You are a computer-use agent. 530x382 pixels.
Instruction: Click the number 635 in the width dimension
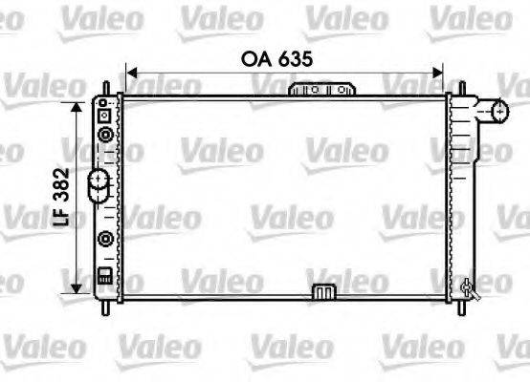[294, 58]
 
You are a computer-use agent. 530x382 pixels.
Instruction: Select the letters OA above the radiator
[252, 58]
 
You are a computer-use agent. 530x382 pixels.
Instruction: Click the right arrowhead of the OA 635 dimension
[440, 71]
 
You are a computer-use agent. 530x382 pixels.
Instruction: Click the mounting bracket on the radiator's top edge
[321, 89]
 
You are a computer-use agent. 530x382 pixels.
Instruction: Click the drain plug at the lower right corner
[468, 286]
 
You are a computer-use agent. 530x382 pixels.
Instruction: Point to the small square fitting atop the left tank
[104, 115]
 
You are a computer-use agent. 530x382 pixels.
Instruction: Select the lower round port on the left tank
[105, 238]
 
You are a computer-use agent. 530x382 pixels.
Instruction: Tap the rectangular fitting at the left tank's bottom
[104, 278]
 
